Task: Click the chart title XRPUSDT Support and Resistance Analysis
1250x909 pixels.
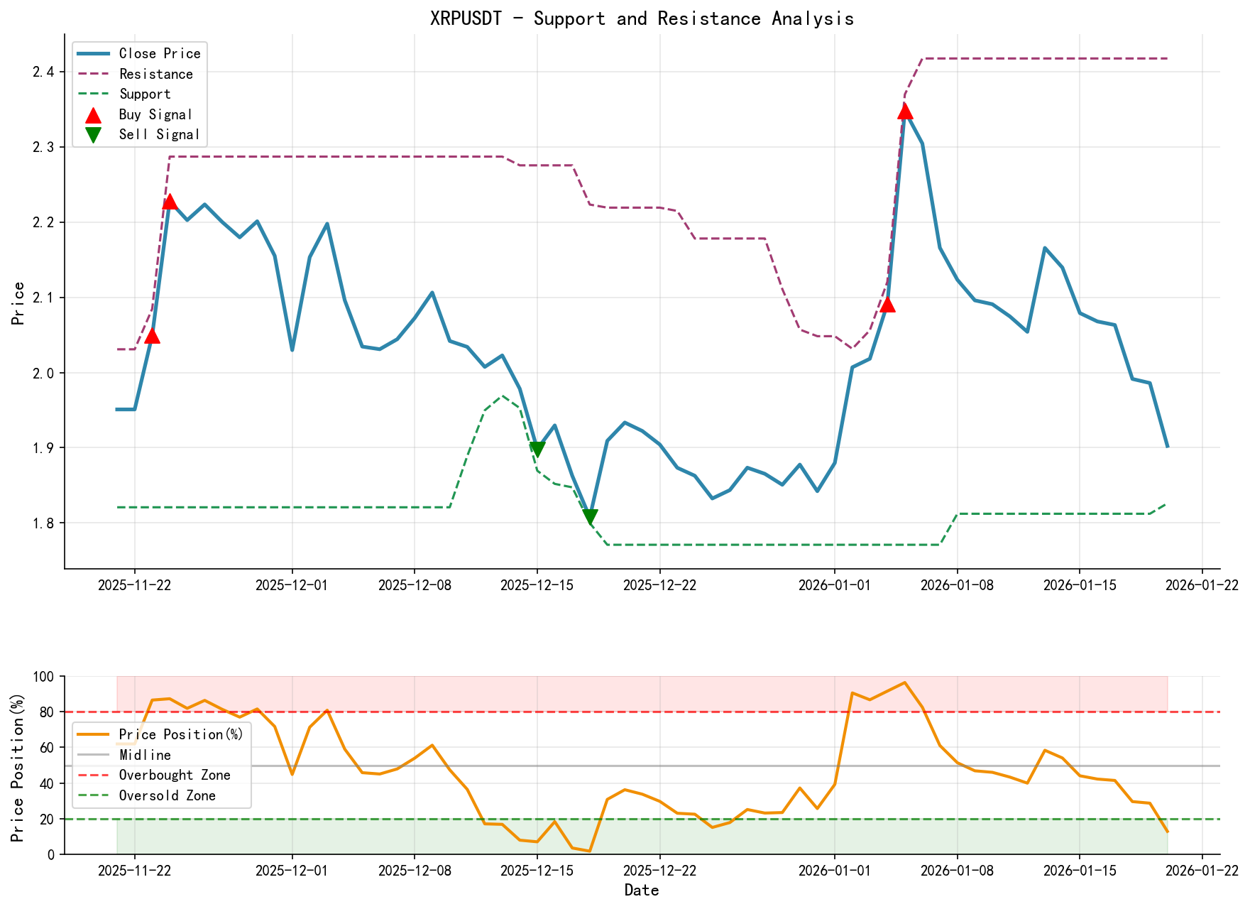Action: [x=642, y=18]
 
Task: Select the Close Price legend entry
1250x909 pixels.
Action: [x=159, y=53]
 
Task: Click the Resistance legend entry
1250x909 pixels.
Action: [x=155, y=74]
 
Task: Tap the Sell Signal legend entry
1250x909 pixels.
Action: [x=158, y=134]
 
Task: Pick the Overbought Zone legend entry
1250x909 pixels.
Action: [x=174, y=775]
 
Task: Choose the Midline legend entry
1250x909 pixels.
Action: [x=145, y=755]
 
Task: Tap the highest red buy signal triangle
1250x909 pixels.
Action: [x=904, y=111]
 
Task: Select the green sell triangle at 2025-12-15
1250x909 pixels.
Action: [x=537, y=449]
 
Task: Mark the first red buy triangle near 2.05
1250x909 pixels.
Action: [x=152, y=335]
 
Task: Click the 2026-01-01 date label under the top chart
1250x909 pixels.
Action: [x=834, y=585]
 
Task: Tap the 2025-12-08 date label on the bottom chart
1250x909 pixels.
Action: [x=414, y=871]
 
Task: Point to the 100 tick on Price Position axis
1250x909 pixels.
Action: [x=44, y=677]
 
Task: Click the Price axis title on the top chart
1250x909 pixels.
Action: [x=18, y=303]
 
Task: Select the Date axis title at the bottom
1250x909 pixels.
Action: [x=642, y=891]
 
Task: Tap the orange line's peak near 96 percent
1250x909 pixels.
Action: [x=904, y=682]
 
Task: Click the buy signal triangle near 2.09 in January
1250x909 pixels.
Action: [x=887, y=305]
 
